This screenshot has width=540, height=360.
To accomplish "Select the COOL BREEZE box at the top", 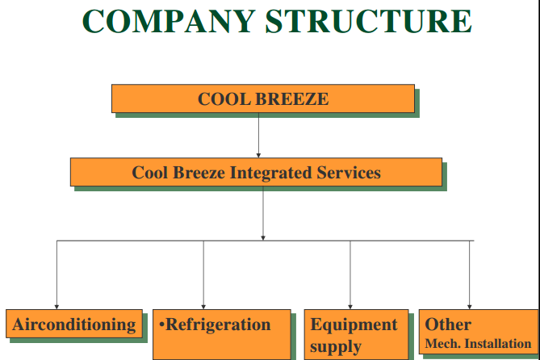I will (x=263, y=99).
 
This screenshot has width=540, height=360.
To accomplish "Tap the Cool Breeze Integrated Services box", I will (x=256, y=172).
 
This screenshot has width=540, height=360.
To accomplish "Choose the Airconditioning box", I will (x=73, y=324).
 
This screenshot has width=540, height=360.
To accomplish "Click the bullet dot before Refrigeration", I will (x=161, y=325).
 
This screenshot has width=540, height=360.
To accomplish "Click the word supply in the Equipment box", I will (x=336, y=348).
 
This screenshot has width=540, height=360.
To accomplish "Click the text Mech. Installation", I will (x=478, y=344).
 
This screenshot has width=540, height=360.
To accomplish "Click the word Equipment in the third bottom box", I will (x=354, y=324).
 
